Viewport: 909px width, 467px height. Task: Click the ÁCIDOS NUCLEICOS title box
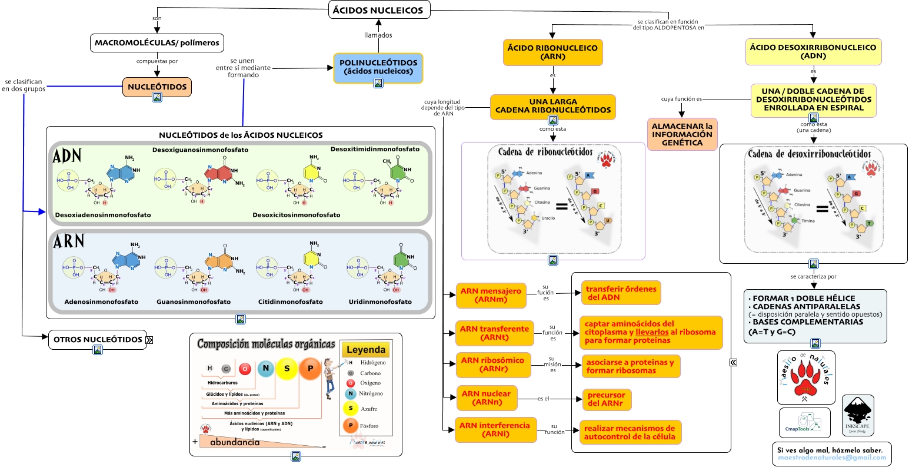pyautogui.click(x=378, y=10)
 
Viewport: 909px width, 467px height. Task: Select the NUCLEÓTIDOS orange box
pyautogui.click(x=157, y=87)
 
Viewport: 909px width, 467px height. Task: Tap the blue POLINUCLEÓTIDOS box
pyautogui.click(x=378, y=67)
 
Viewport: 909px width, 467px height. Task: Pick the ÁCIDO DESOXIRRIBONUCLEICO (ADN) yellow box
pyautogui.click(x=813, y=52)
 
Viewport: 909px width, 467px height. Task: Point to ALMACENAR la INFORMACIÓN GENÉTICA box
pyautogui.click(x=682, y=134)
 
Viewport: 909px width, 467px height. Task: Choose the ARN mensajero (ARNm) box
pyautogui.click(x=491, y=295)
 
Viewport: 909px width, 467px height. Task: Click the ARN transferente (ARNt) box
pyautogui.click(x=494, y=333)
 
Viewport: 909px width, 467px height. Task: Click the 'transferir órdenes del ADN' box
pyautogui.click(x=621, y=293)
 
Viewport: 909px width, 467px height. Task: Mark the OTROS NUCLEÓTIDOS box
pyautogui.click(x=97, y=340)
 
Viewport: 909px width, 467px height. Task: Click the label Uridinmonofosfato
pyautogui.click(x=380, y=302)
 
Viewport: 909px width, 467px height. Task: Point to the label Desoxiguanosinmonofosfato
pyautogui.click(x=200, y=150)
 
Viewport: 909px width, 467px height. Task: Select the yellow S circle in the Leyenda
pyautogui.click(x=351, y=408)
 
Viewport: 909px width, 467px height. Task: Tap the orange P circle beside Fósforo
pyautogui.click(x=351, y=425)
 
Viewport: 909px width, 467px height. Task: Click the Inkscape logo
pyautogui.click(x=858, y=415)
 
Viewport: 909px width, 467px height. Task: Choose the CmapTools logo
pyautogui.click(x=804, y=422)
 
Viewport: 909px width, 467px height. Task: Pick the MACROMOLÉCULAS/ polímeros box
pyautogui.click(x=157, y=43)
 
